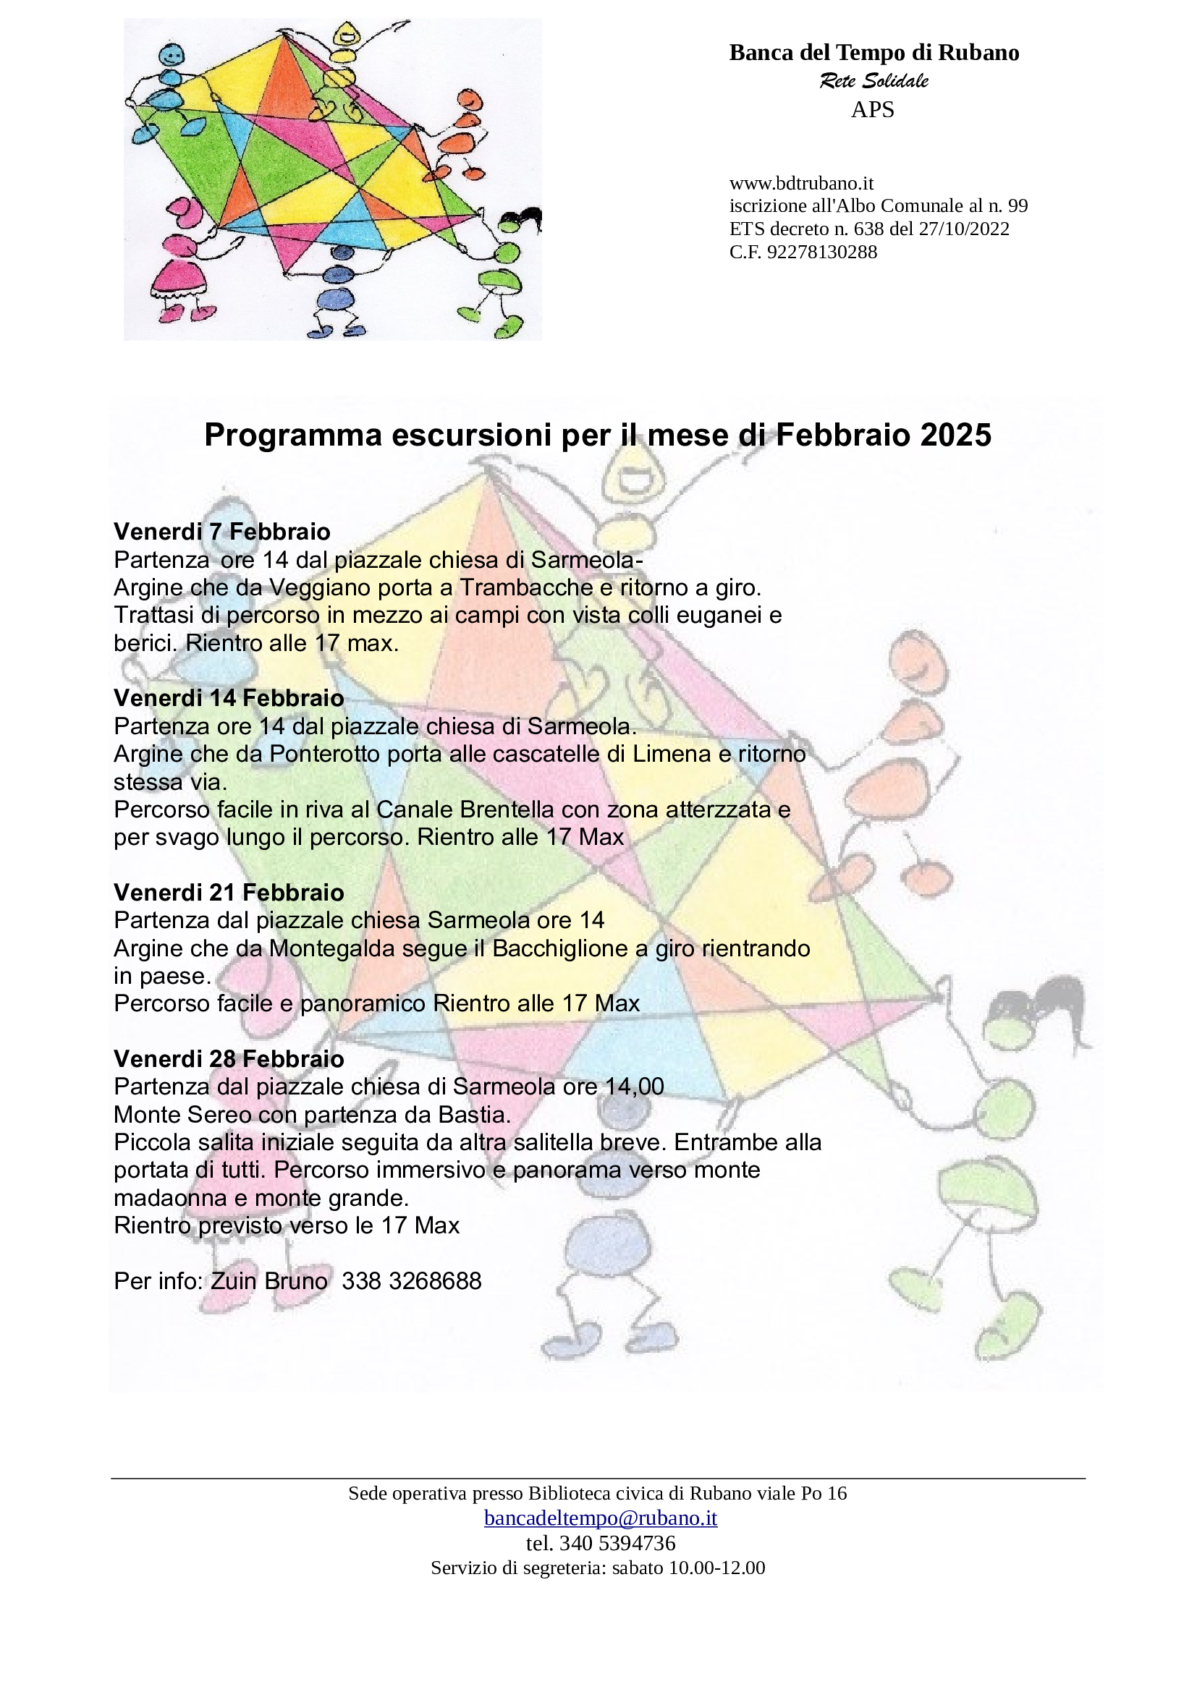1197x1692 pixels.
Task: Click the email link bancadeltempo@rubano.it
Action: click(600, 1518)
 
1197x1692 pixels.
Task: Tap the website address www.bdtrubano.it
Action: click(801, 183)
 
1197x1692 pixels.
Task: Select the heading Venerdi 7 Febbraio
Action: click(222, 532)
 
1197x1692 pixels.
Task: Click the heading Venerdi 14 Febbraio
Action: click(229, 697)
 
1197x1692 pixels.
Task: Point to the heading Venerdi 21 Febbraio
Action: click(229, 893)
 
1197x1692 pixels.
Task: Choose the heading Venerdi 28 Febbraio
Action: click(229, 1059)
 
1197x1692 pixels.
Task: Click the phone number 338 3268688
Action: click(411, 1281)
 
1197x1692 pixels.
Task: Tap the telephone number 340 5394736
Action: click(617, 1542)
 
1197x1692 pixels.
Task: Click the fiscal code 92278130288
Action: click(822, 252)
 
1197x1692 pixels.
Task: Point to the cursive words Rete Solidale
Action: click(874, 80)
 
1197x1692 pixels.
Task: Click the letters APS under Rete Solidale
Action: click(873, 110)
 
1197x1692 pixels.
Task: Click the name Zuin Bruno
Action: click(269, 1281)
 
